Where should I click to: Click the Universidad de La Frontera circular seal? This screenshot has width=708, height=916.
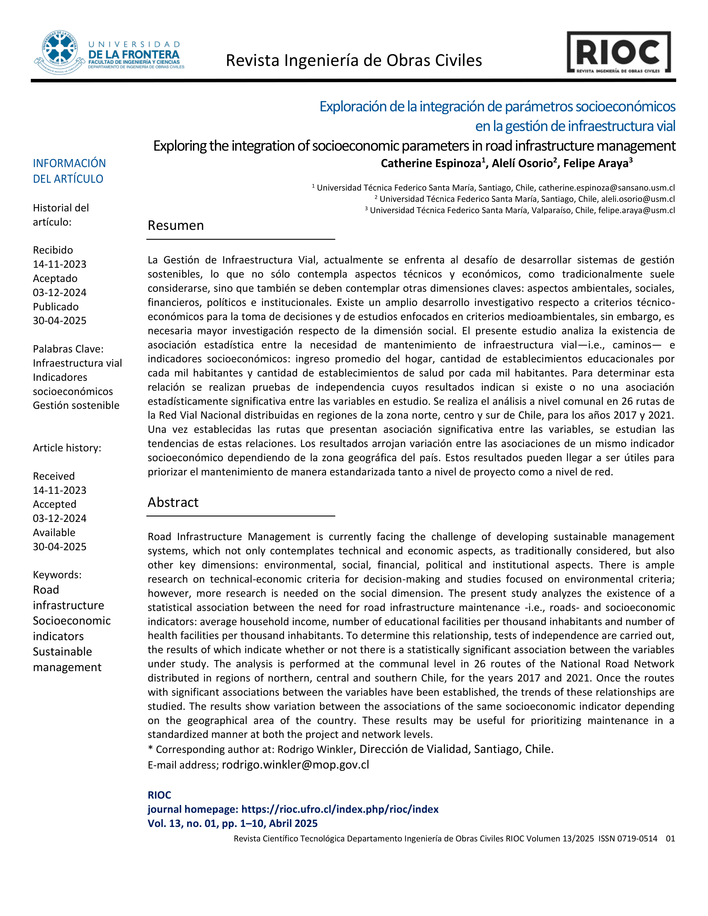(x=60, y=52)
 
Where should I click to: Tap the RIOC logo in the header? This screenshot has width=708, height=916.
(x=619, y=52)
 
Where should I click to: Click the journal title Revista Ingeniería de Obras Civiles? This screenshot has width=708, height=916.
(x=354, y=61)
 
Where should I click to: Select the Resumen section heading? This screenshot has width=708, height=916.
(x=176, y=226)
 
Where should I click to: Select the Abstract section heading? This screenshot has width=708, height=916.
(x=173, y=503)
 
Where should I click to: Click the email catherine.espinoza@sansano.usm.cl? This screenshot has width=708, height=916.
(x=606, y=188)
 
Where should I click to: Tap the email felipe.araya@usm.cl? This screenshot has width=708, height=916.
(x=636, y=210)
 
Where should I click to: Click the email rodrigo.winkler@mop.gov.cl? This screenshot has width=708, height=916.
(x=295, y=764)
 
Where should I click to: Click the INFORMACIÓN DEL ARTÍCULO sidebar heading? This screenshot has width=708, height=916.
(x=69, y=171)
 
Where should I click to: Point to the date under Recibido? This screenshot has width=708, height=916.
(x=60, y=264)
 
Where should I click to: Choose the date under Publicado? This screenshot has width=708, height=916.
(x=60, y=321)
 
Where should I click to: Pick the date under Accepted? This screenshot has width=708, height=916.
(x=60, y=518)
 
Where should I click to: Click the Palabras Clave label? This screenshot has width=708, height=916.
(x=68, y=349)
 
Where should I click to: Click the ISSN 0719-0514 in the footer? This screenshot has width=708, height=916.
(x=628, y=839)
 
